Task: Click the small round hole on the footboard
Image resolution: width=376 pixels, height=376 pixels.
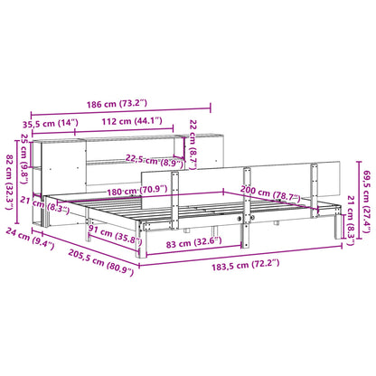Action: pos(240,221)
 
